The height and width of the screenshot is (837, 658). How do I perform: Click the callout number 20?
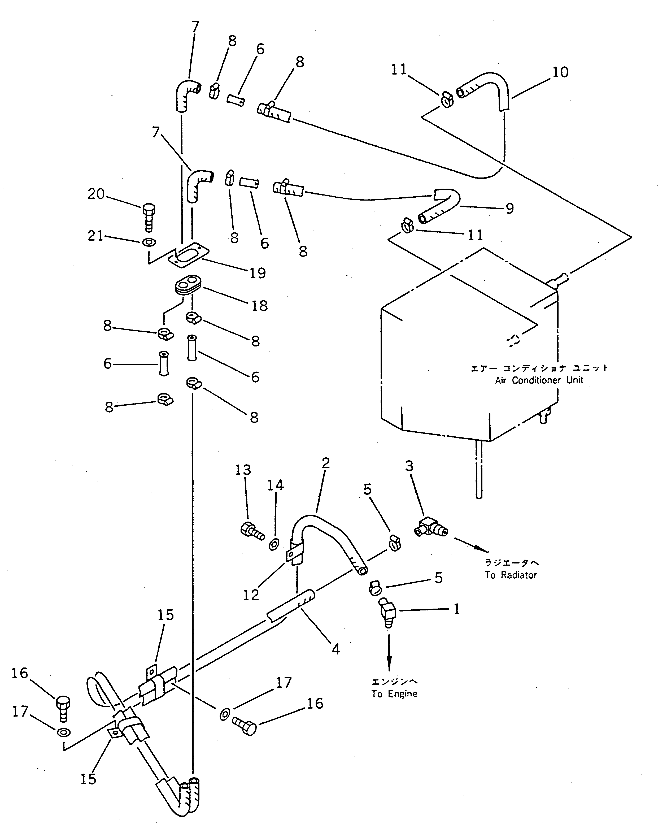96,194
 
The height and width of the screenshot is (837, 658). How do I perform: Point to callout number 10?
560,72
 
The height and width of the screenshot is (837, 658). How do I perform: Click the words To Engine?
394,694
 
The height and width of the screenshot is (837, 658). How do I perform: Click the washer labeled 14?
274,544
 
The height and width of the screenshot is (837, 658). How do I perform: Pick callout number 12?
251,595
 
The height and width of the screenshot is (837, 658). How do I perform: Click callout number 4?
335,649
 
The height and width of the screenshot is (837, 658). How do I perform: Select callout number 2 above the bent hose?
325,463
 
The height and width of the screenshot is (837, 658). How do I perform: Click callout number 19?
257,273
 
